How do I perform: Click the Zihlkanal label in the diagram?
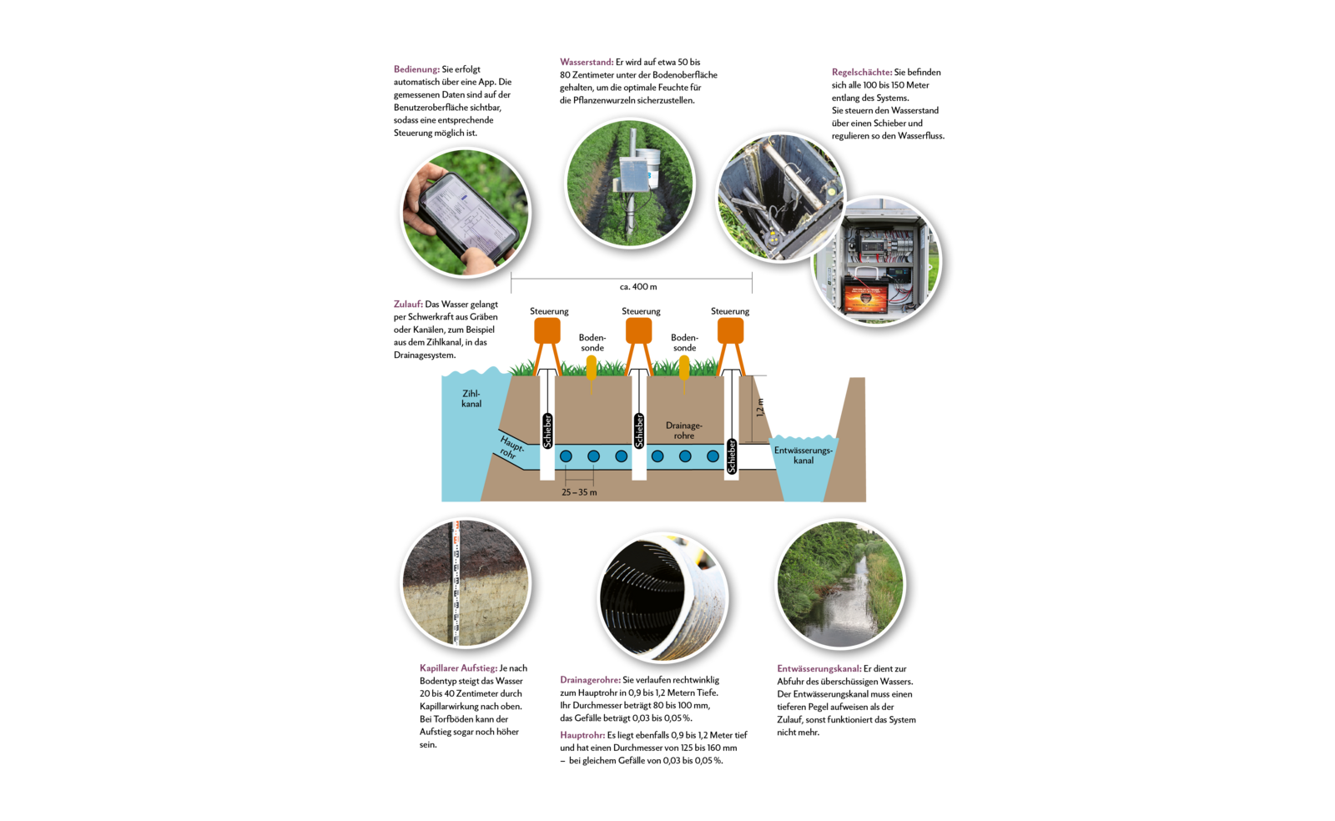click(471, 399)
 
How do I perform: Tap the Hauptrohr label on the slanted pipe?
click(511, 448)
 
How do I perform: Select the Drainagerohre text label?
click(684, 431)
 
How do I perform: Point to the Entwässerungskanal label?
click(803, 456)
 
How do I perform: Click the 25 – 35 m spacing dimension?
click(579, 492)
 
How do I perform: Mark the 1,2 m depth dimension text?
click(760, 408)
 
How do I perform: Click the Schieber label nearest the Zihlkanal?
click(547, 431)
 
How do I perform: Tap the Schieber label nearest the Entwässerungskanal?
click(732, 456)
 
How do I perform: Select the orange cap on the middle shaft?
click(638, 330)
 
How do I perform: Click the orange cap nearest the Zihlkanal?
click(547, 330)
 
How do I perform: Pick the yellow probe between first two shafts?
click(591, 367)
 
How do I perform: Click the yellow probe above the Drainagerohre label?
click(684, 367)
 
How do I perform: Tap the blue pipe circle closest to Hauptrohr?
click(566, 456)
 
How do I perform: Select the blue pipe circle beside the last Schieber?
click(713, 456)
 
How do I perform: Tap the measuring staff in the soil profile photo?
click(456, 584)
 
